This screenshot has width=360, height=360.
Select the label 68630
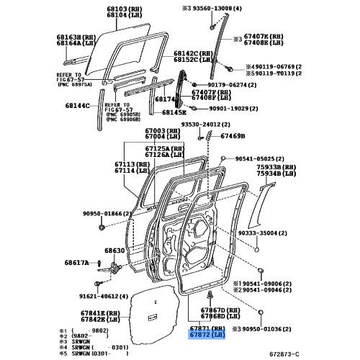pos(114,251)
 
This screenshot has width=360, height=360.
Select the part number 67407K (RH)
pos(265,35)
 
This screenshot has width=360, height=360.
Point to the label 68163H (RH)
pos(77,35)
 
